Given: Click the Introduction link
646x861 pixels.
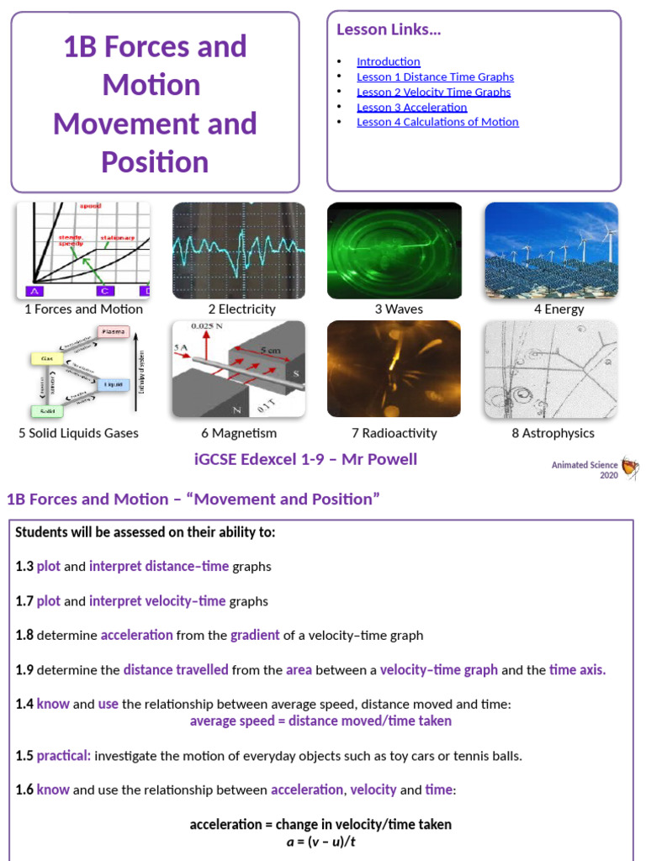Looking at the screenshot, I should click(388, 61).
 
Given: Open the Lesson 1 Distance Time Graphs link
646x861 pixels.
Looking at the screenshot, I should click(435, 77).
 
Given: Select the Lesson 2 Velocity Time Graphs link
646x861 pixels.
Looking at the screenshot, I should click(433, 92).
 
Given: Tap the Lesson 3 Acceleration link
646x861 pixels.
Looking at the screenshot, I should click(411, 107).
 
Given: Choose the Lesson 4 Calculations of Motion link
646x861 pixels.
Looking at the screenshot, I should click(437, 122).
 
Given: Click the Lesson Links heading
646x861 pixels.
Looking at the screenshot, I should click(389, 30).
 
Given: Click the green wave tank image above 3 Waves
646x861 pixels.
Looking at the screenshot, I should click(394, 251).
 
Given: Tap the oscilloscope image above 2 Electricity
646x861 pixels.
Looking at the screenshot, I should click(239, 251).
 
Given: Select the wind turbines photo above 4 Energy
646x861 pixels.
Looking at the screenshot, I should click(551, 251).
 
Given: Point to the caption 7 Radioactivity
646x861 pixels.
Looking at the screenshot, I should click(394, 433).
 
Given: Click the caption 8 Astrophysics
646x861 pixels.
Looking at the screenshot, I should click(553, 433).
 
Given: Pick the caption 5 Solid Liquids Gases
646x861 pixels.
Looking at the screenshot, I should click(78, 433).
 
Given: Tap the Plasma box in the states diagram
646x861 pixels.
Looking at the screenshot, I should click(117, 331).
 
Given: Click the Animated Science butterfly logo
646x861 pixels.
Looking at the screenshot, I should click(628, 467).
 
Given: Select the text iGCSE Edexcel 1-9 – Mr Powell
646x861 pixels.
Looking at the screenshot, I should click(305, 459).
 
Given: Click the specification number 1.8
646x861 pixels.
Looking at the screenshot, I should click(24, 636).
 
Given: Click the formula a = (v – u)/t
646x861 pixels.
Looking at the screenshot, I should click(320, 841).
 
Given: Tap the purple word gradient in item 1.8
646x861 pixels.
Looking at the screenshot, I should click(255, 636).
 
